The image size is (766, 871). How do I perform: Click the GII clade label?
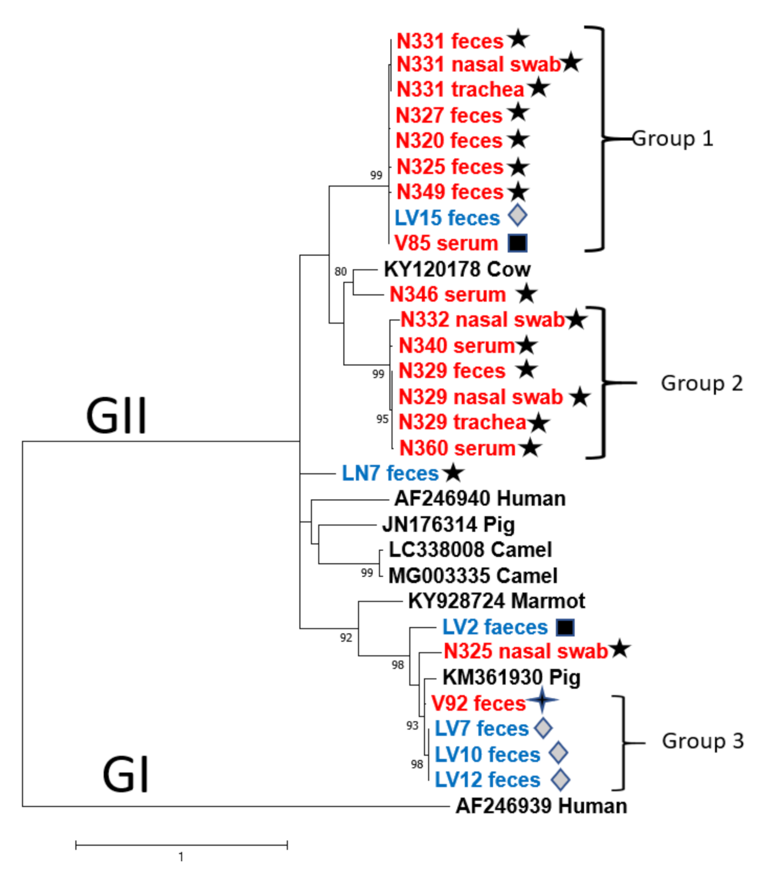click(116, 415)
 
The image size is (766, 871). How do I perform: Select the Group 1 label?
click(672, 138)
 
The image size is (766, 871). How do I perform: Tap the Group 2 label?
click(701, 383)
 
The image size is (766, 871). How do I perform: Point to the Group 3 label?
click(702, 741)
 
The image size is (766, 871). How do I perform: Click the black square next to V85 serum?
click(517, 243)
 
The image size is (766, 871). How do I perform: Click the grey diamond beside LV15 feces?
click(517, 216)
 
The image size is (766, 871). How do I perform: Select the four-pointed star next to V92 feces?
click(543, 701)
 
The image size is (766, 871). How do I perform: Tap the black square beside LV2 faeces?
click(565, 627)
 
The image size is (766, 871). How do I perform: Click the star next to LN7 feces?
click(453, 473)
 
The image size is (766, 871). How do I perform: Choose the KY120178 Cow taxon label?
click(457, 269)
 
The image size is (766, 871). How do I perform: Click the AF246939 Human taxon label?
click(541, 806)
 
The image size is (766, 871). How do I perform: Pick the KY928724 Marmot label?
click(496, 601)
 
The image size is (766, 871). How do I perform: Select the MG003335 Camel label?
click(473, 575)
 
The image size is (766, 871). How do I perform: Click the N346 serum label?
click(448, 294)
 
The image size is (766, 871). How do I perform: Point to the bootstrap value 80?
click(341, 272)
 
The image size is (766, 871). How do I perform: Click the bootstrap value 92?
click(345, 637)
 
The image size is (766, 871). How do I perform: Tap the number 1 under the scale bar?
click(180, 857)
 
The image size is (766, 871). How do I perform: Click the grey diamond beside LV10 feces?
click(558, 753)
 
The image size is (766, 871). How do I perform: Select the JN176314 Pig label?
click(448, 524)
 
